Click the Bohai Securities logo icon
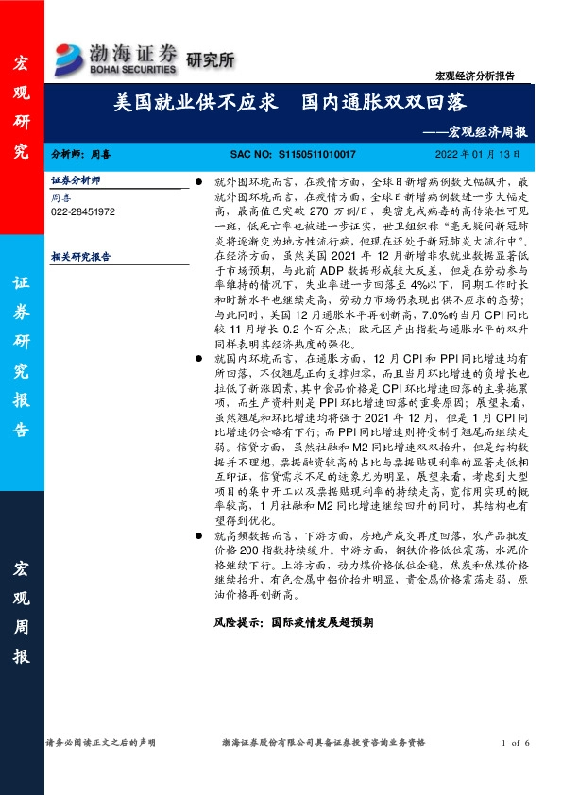click(x=70, y=53)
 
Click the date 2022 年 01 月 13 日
click(x=476, y=153)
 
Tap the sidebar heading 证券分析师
click(x=76, y=179)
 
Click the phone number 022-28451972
click(x=83, y=212)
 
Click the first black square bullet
click(x=197, y=179)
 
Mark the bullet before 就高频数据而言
click(x=197, y=533)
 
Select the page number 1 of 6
click(x=518, y=744)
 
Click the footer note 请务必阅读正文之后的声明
click(x=101, y=744)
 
